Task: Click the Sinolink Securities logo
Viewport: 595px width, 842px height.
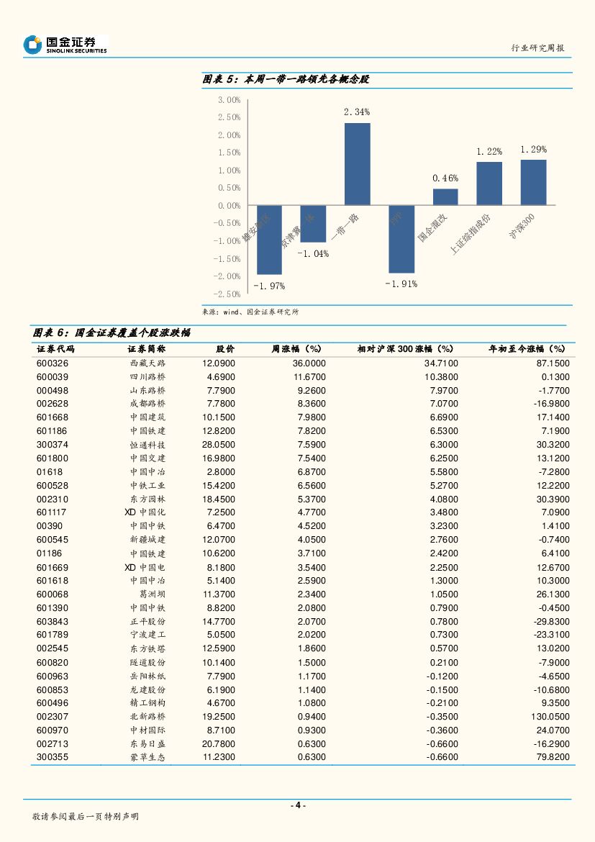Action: [65, 45]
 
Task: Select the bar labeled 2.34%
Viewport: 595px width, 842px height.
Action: [358, 164]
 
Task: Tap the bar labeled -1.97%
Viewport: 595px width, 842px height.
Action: [269, 240]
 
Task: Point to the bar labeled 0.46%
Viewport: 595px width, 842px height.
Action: [445, 197]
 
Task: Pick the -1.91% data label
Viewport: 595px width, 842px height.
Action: [401, 284]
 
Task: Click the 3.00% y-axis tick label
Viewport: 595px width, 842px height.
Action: [229, 99]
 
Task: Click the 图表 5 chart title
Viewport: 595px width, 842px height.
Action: [286, 79]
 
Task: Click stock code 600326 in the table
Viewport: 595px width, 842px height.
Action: [53, 363]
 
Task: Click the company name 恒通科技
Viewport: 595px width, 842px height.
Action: [147, 445]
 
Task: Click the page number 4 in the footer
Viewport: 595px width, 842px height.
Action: [297, 805]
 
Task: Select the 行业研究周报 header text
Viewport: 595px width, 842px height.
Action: [537, 47]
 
